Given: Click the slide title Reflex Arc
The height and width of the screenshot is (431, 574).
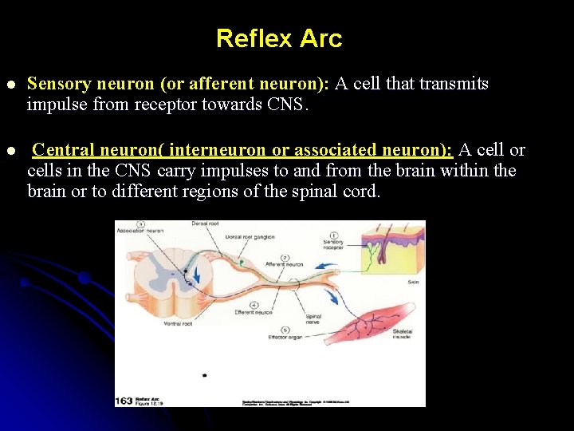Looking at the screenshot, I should click(x=278, y=38).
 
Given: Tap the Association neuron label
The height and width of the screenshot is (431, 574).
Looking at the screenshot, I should click(x=140, y=230).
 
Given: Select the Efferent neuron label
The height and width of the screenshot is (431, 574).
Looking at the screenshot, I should click(x=254, y=312).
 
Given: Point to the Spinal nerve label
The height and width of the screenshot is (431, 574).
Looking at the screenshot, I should click(x=313, y=320).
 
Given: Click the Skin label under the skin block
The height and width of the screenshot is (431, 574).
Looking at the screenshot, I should click(x=413, y=282).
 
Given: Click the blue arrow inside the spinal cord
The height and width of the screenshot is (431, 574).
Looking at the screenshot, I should click(x=197, y=277).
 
